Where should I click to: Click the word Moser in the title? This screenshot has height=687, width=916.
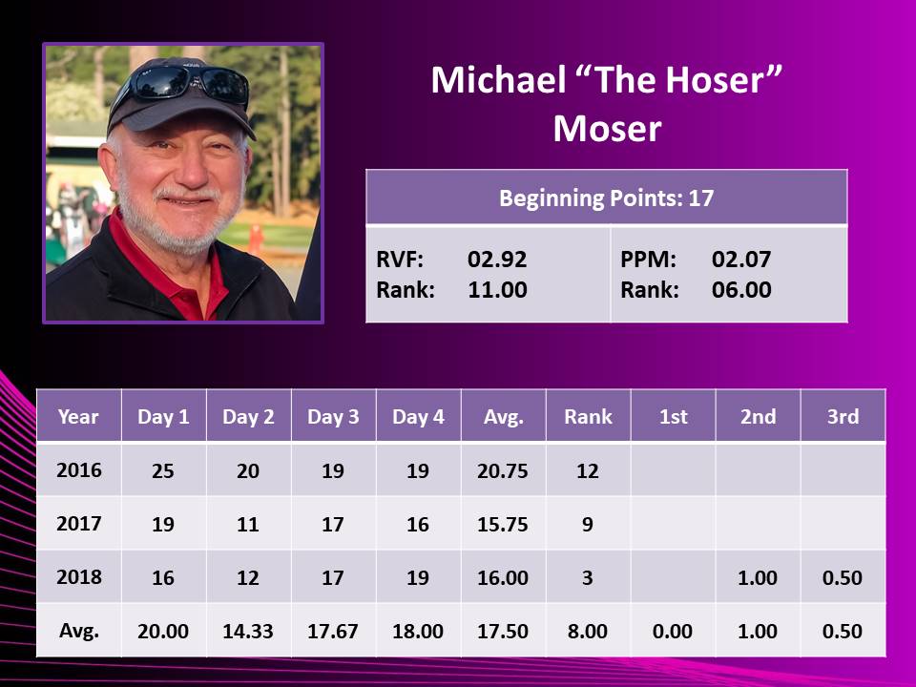607,129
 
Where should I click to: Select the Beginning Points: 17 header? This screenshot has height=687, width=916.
607,198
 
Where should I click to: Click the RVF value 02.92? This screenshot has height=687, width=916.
497,260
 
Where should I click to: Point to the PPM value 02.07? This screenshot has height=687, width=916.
741,260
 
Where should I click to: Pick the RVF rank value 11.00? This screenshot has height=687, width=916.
497,290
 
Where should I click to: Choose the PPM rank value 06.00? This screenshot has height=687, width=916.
741,290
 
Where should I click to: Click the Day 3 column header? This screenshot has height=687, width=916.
333,417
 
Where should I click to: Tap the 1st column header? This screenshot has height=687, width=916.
673,417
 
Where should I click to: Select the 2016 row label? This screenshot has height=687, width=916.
79,470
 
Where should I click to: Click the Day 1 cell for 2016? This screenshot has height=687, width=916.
163,470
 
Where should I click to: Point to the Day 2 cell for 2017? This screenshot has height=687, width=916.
248,525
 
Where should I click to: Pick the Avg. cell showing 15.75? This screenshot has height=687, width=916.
503,525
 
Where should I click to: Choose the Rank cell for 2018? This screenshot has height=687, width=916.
588,578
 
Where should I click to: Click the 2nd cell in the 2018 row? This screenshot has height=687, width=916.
757,578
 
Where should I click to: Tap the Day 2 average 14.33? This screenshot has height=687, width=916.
248,632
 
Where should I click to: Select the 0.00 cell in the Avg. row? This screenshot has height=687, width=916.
673,632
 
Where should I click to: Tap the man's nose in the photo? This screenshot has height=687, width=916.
193,170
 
